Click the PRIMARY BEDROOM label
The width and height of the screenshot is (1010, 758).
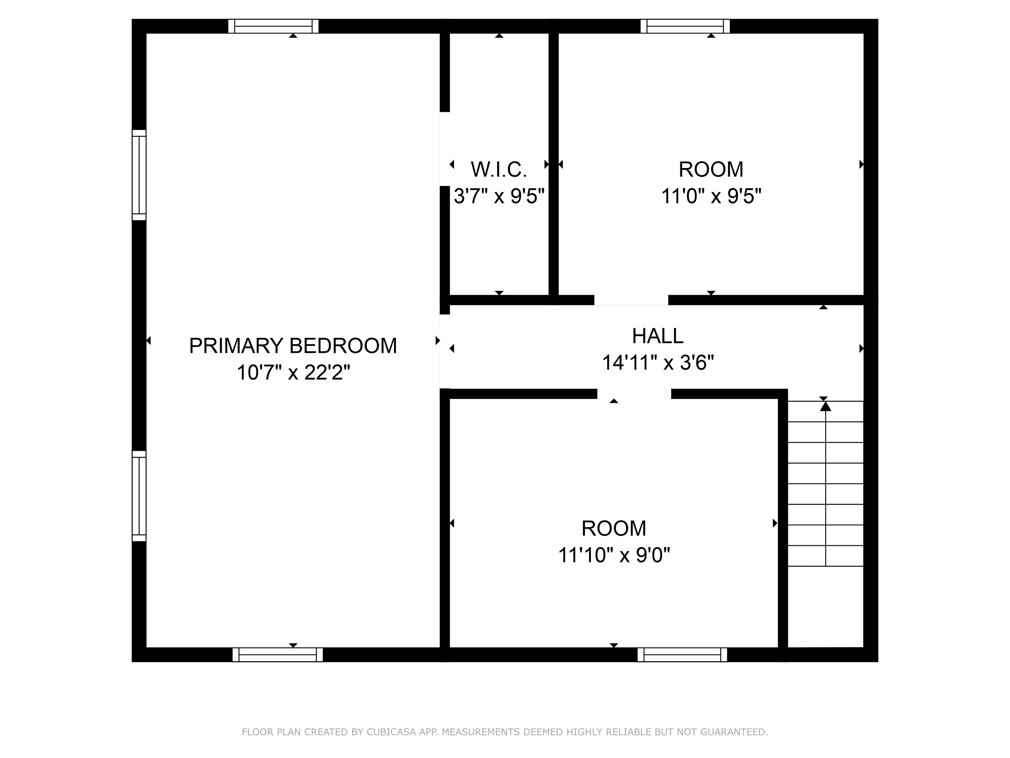(x=293, y=346)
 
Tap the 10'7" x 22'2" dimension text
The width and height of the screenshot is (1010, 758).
(x=293, y=373)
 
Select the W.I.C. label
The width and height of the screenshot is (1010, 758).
(x=499, y=170)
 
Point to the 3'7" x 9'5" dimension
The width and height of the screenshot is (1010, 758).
(x=499, y=196)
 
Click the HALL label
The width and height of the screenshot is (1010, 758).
(x=658, y=336)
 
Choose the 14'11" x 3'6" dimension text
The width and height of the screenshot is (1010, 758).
(x=658, y=363)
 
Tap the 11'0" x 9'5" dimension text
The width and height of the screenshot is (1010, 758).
(x=711, y=196)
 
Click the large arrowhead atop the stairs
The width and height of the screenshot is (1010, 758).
(x=825, y=406)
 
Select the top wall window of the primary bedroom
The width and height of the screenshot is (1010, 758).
(x=273, y=26)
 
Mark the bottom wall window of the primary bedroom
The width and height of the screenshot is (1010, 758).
(x=277, y=655)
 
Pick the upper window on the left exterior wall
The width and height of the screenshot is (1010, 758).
(x=139, y=175)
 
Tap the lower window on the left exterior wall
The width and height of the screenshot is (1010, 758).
(x=139, y=496)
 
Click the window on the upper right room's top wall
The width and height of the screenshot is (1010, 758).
(x=685, y=26)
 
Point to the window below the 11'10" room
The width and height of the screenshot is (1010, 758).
(x=682, y=655)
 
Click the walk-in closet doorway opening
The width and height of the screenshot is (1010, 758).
(x=445, y=149)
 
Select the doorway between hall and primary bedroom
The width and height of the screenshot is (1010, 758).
(x=445, y=351)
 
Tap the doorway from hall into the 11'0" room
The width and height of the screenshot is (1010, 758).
(x=631, y=300)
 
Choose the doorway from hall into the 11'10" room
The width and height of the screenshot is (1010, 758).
(x=634, y=394)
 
